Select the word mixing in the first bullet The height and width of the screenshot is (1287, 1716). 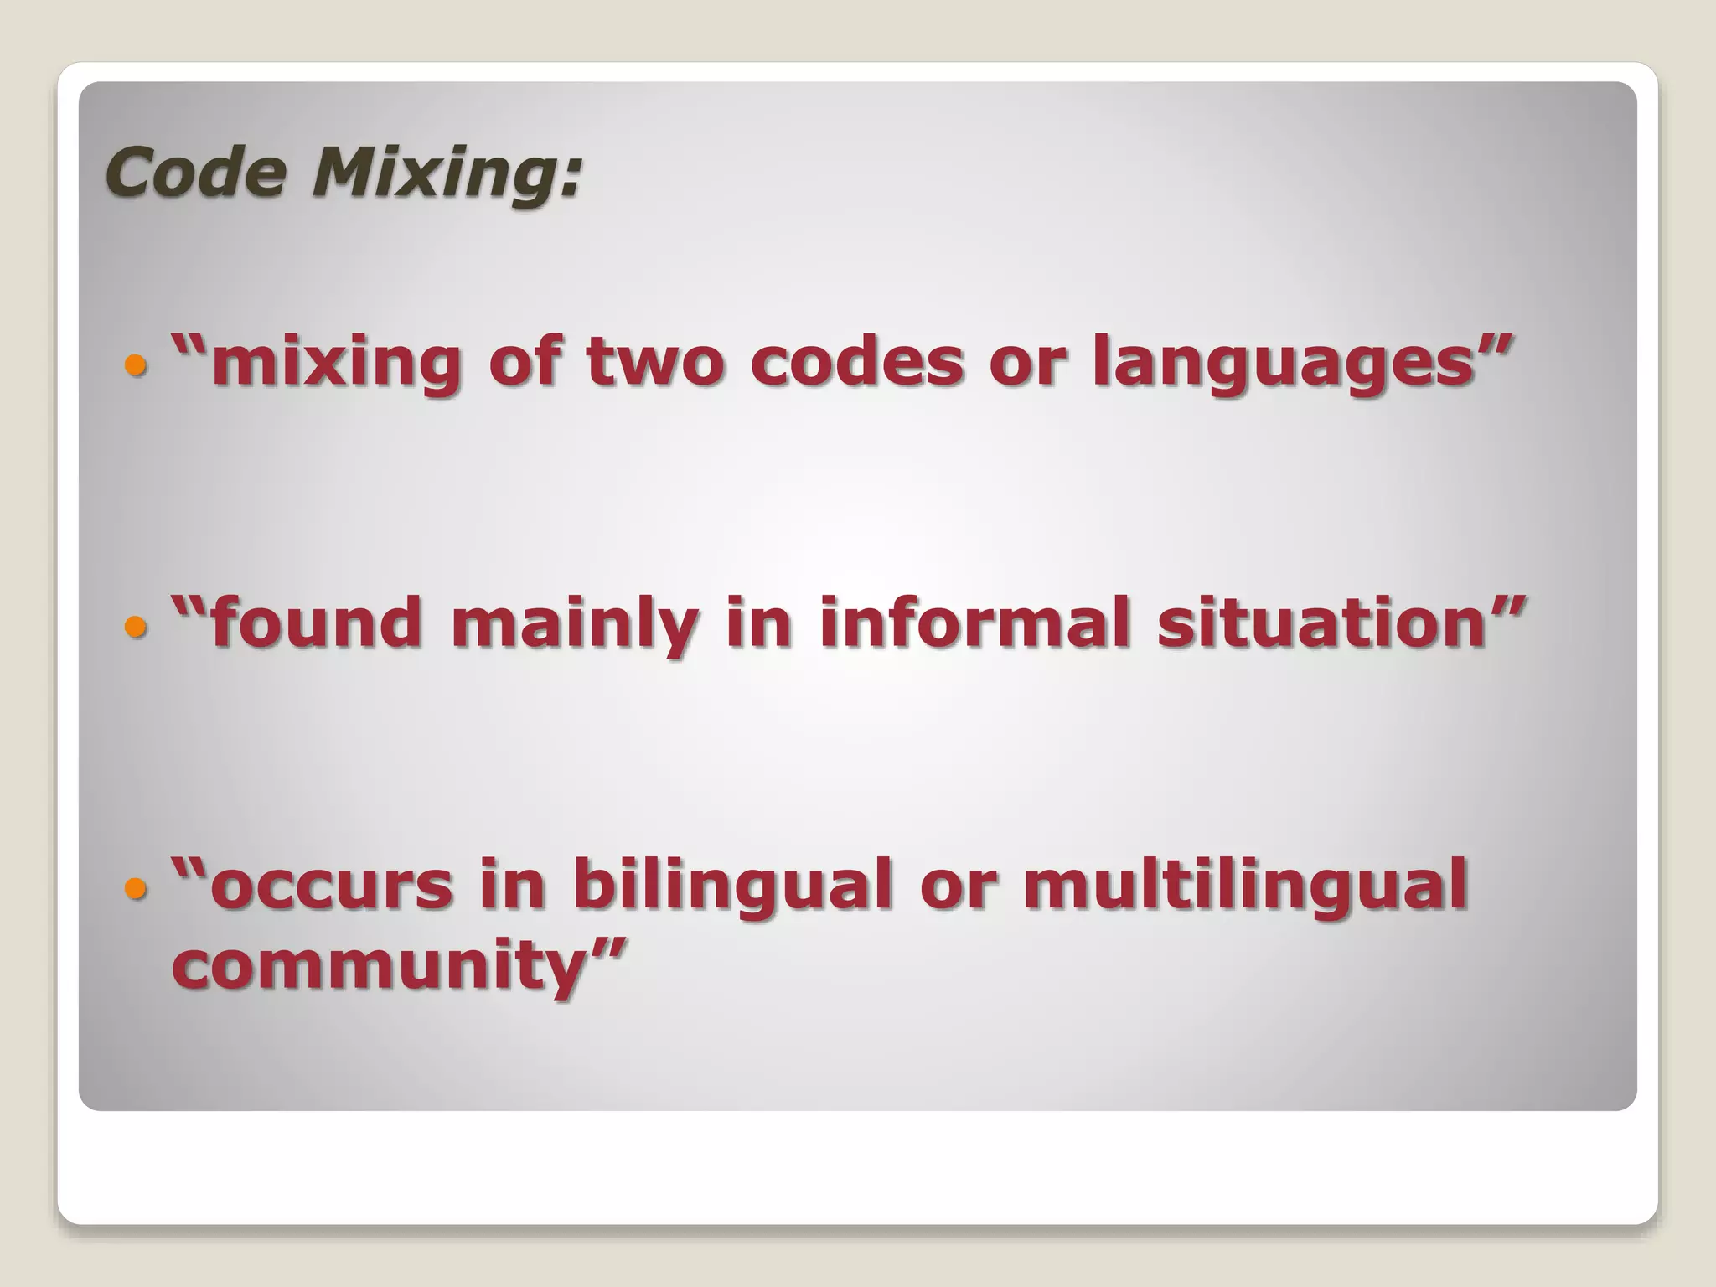[335, 362]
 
